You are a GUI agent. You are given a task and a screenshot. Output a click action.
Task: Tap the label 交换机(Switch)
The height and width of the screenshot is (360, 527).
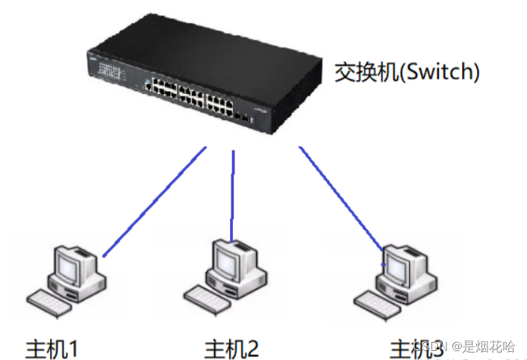[x=406, y=73]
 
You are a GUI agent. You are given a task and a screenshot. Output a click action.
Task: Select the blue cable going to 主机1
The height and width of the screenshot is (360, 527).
[x=153, y=202]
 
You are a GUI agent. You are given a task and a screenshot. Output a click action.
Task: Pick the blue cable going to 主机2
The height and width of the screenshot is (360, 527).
[x=234, y=194]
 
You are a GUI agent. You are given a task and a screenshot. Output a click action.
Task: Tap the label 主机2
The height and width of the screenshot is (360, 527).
[x=232, y=347]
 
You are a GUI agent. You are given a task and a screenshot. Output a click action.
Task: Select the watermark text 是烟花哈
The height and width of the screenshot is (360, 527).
[x=489, y=347]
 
